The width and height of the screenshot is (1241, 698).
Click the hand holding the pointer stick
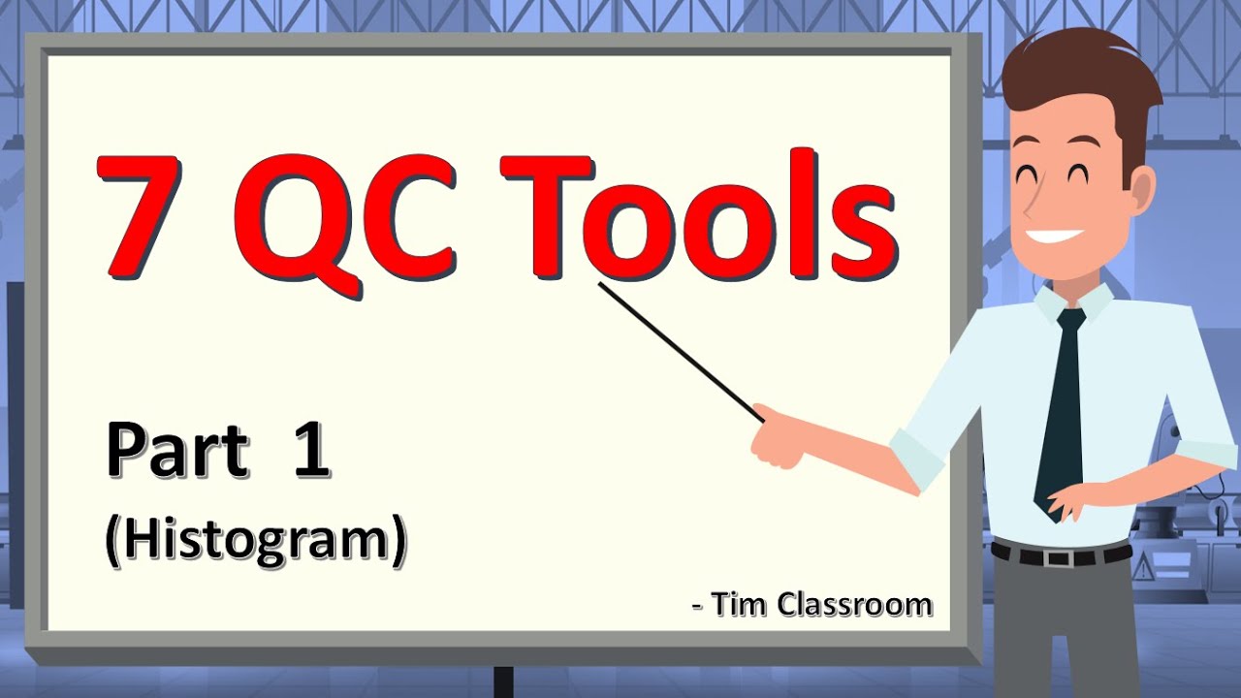pos(776,436)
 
